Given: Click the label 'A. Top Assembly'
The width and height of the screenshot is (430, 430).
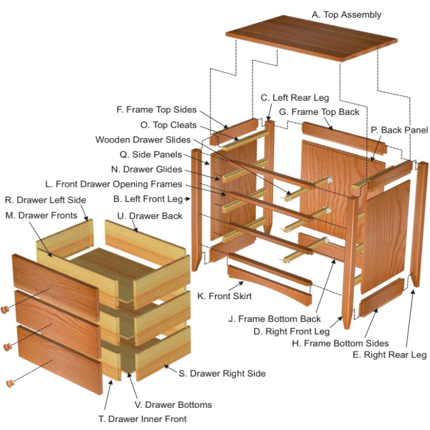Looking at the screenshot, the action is (346, 15).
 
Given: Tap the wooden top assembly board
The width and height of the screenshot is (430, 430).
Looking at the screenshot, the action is (311, 38).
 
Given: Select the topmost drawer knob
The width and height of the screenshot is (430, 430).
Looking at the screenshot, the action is (5, 310).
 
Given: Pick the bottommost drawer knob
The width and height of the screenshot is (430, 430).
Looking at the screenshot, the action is (10, 383).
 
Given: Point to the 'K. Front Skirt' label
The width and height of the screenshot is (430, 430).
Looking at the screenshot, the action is (224, 296).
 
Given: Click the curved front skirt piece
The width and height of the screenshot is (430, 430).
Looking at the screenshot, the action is (270, 284).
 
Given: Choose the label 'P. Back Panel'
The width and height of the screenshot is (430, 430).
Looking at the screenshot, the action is (399, 130).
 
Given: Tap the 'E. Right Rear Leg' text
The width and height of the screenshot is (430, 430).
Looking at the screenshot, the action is (389, 355).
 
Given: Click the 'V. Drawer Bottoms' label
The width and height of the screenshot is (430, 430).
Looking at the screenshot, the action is (173, 405).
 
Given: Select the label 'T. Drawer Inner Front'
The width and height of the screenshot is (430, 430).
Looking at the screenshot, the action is (143, 419).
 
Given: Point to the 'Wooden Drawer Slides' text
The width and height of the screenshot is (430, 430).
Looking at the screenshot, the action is (143, 139).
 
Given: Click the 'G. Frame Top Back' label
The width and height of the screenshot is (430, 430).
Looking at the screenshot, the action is (319, 112).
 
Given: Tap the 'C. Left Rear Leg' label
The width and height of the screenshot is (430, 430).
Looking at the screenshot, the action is (295, 98).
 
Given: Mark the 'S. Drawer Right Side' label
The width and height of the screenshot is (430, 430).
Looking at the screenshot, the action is (222, 373).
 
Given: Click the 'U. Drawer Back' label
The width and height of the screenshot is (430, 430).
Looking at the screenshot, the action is (150, 216).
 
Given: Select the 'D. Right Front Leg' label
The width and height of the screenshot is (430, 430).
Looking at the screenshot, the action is (291, 331).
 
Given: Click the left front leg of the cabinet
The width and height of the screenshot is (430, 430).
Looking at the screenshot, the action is (196, 210).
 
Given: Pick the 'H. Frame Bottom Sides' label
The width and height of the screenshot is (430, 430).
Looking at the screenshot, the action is (340, 343).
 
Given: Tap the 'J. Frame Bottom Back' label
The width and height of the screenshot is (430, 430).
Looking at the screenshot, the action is (275, 319).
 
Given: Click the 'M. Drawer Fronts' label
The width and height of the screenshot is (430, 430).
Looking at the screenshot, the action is (41, 216).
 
